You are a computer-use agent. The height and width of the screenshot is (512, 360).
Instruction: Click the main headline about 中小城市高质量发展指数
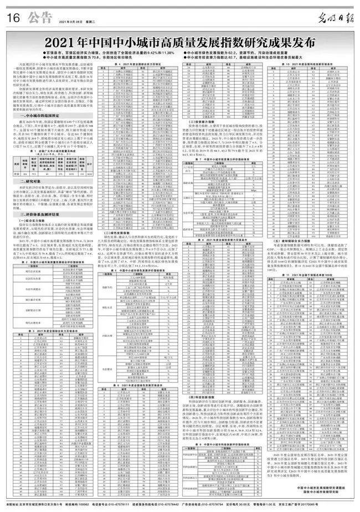[180, 42]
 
